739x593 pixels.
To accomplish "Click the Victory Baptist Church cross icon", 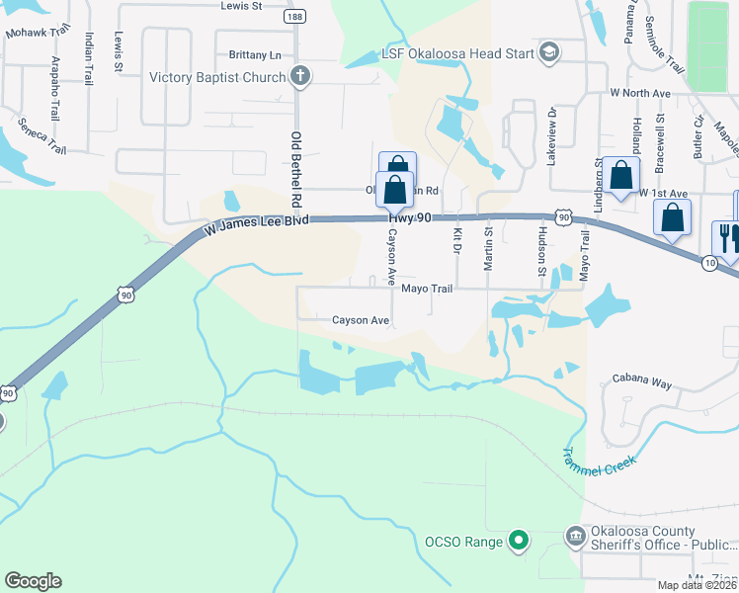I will (x=300, y=77).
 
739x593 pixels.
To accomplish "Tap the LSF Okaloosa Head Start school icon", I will (x=549, y=53).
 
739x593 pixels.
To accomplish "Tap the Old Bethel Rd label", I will (x=294, y=169).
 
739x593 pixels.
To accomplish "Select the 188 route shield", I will (x=293, y=17).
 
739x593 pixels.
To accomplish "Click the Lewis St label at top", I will (x=241, y=6).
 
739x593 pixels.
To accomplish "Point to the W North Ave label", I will (x=641, y=93).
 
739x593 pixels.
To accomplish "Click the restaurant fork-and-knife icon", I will (x=724, y=237).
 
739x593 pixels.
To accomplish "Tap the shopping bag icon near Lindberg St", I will (x=621, y=177).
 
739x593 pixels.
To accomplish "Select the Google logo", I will (x=33, y=581).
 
